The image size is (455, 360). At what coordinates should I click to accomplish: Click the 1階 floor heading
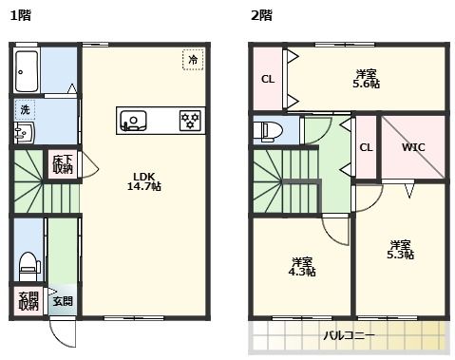tap(20, 14)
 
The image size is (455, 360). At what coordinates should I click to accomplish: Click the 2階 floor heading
tap(260, 14)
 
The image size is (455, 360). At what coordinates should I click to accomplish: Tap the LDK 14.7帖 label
tap(144, 181)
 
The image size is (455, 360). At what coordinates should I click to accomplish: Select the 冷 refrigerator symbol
tap(193, 60)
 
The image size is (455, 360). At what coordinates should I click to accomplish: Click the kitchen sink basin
tap(133, 121)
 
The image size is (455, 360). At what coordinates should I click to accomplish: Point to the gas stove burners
tap(190, 121)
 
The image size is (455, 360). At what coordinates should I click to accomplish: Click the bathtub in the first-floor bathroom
tap(27, 69)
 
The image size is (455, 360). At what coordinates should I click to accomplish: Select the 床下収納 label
tap(63, 164)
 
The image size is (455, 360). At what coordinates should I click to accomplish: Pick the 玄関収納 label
tap(28, 301)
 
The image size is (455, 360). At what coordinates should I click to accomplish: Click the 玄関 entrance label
tap(62, 301)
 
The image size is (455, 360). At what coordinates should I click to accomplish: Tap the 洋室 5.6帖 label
tap(367, 78)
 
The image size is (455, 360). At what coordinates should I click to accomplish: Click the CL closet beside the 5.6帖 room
tap(268, 79)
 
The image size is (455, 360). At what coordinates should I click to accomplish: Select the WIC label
tap(412, 148)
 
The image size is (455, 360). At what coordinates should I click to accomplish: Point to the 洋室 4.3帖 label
tap(303, 266)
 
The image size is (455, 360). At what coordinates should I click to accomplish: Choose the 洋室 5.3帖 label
tap(400, 249)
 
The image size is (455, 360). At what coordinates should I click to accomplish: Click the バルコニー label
tap(349, 335)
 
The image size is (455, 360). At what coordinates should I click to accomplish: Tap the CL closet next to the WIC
tap(366, 147)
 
